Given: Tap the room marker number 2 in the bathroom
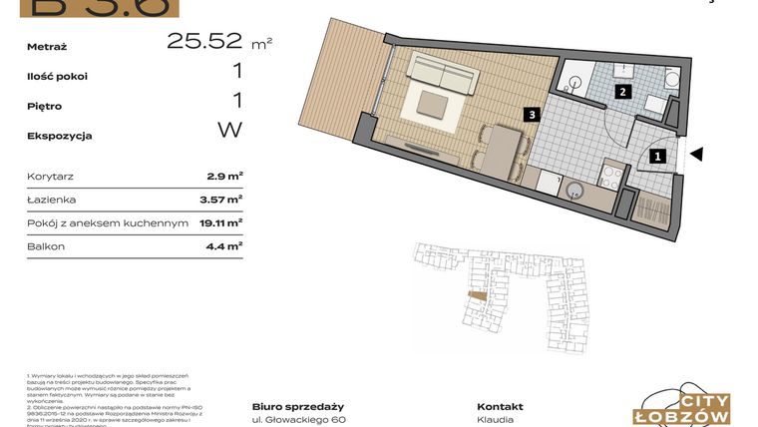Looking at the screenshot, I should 621,93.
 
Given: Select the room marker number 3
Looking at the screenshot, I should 534,115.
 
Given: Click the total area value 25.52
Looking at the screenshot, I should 204,41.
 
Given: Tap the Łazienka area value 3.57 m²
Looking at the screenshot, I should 221,200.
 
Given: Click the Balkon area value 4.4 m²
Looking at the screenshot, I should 225,245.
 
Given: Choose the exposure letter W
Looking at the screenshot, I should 229,130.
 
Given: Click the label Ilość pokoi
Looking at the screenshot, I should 59,76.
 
